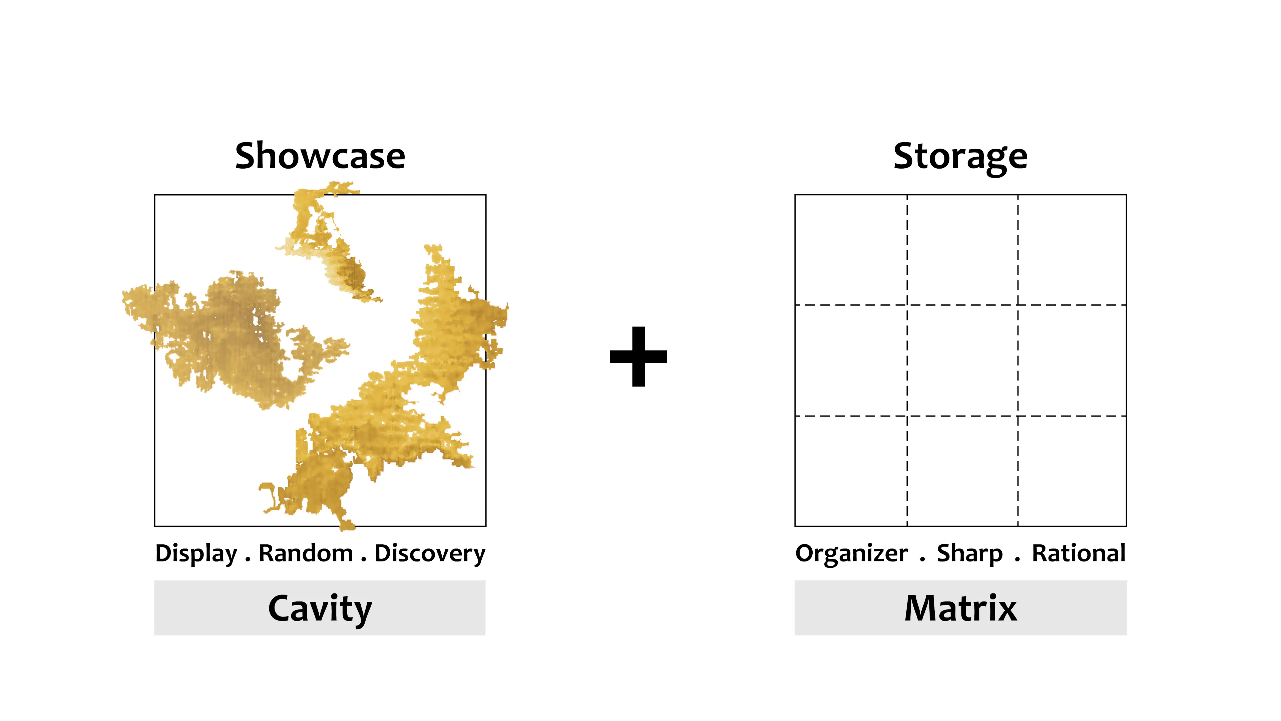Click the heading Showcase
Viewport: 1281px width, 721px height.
tap(320, 156)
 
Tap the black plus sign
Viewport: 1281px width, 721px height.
tap(638, 356)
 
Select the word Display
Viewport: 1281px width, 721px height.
tap(196, 554)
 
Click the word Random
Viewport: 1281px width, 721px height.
tap(306, 553)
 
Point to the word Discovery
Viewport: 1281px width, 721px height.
tap(430, 554)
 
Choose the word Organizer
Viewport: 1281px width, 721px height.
tap(851, 554)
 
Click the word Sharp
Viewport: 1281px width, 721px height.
tap(970, 554)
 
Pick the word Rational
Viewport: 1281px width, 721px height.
tap(1079, 553)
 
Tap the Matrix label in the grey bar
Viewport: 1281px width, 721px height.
tap(961, 608)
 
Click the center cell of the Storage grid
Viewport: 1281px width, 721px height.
tap(962, 360)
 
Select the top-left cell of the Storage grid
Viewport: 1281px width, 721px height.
tap(851, 250)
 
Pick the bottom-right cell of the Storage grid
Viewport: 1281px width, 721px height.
tap(1072, 471)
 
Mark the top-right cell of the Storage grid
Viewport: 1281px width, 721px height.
tap(1072, 250)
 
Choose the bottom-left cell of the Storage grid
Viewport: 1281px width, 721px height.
tap(851, 471)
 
